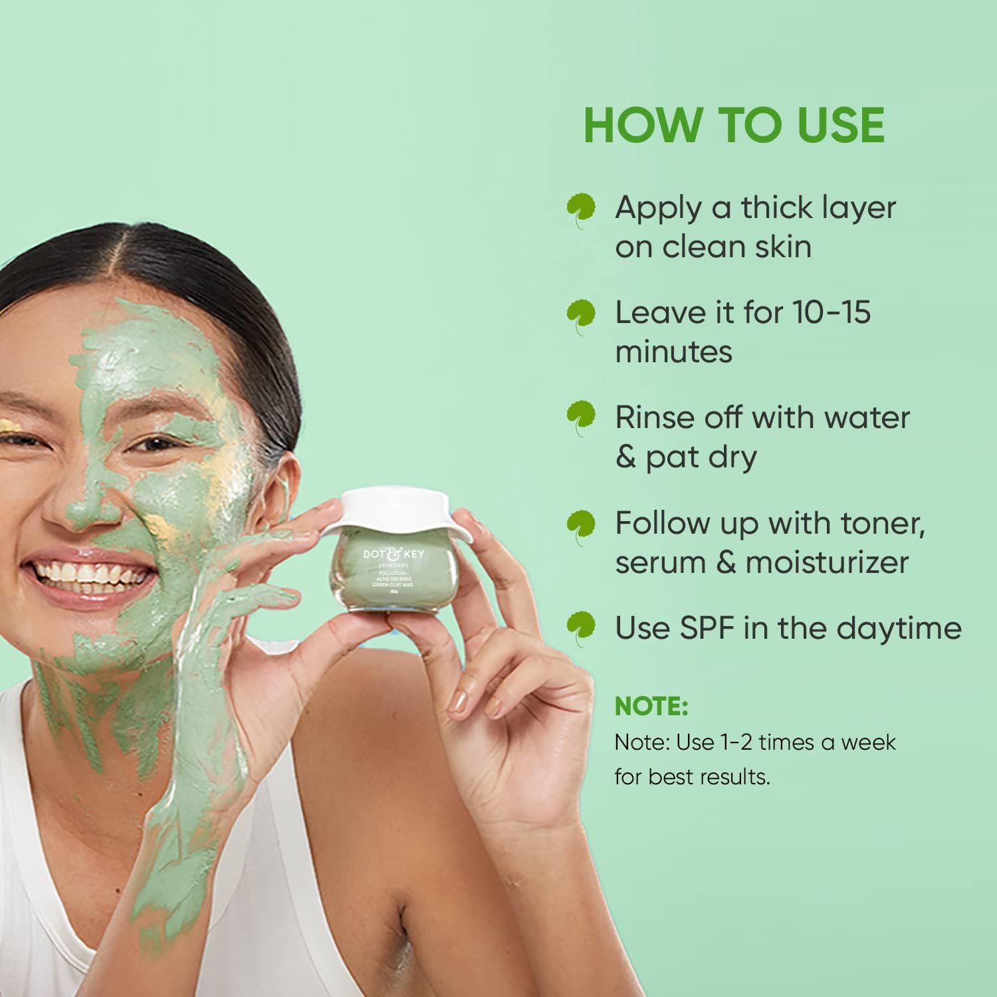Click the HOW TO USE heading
tap(734, 125)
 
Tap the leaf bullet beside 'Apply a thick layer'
tap(581, 209)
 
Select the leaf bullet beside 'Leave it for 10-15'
tap(581, 314)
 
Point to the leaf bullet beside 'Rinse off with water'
tap(581, 417)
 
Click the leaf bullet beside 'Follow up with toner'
tap(581, 525)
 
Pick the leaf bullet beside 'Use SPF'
tap(581, 628)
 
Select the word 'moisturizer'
tap(827, 563)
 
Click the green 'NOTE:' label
tap(651, 707)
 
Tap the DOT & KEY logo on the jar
tap(393, 554)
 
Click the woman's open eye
tap(156, 444)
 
